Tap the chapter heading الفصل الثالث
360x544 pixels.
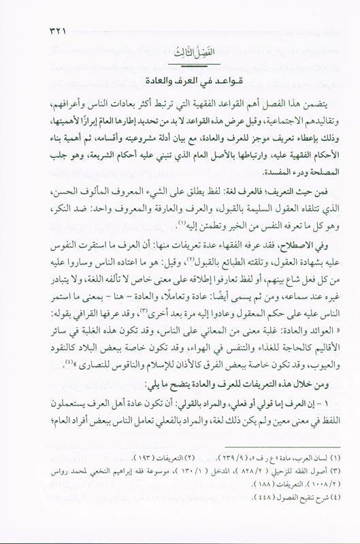point(180,56)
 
